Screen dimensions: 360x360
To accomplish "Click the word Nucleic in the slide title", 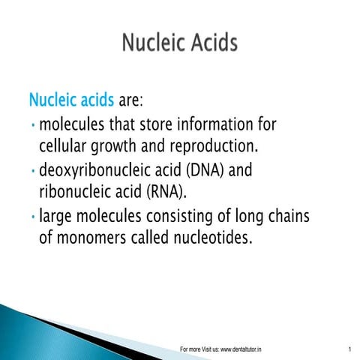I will (x=154, y=43).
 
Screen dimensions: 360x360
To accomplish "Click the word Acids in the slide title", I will (x=213, y=43).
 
